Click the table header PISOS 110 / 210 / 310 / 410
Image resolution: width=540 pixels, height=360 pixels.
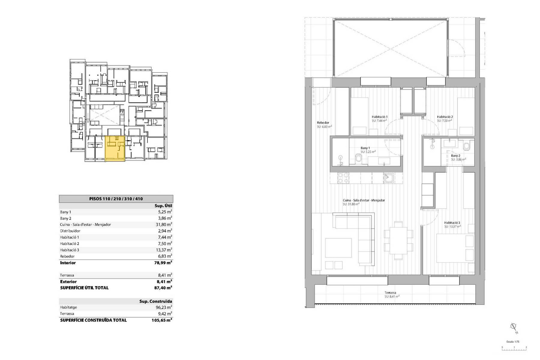pos(116,199)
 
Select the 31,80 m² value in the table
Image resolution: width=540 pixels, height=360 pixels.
pos(165,224)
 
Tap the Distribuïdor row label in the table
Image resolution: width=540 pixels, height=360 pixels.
pos(70,231)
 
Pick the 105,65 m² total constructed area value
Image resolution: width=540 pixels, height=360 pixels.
pos(162,320)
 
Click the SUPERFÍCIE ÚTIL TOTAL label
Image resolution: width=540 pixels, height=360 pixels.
pos(84,288)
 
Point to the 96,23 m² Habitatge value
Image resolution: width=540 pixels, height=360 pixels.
pos(165,307)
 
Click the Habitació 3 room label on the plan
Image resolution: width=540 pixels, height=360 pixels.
pos(452,223)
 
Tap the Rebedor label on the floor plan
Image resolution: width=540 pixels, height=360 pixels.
pos(323,123)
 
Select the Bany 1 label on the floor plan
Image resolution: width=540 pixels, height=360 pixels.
pos(365,148)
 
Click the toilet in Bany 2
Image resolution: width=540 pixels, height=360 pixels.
pos(466,146)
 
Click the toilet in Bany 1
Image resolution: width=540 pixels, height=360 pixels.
pos(359,158)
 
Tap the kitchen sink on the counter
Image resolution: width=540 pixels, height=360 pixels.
pos(388,178)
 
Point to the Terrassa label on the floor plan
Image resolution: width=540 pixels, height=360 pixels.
pos(390,292)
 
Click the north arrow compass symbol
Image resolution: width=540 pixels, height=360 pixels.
pos(514,328)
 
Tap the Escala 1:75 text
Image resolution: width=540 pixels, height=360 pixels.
pos(513,341)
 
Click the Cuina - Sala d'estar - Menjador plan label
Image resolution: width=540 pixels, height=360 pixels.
pos(364,200)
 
